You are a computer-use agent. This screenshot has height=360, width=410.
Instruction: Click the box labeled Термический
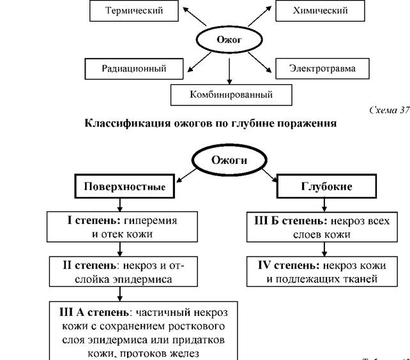[134, 10]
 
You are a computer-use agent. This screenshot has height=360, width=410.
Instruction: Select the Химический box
[320, 10]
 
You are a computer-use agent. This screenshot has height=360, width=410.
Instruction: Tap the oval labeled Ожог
[229, 40]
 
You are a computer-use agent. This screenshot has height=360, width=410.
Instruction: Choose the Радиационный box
[134, 69]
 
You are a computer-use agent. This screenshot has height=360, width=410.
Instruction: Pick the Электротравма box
[323, 68]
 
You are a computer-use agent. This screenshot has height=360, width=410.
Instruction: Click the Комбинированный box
[231, 94]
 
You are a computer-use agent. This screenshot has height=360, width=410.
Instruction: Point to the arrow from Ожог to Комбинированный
[229, 71]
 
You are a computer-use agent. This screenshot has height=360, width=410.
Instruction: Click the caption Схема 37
[390, 110]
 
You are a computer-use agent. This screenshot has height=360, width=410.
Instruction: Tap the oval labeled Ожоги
[229, 160]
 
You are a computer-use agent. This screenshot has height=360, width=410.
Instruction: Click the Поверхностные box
[125, 186]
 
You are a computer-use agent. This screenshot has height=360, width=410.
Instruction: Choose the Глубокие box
[326, 186]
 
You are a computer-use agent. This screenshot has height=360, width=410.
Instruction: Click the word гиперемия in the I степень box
[150, 221]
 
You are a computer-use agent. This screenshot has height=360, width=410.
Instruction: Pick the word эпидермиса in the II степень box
[142, 280]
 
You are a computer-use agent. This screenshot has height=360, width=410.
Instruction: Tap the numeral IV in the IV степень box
[264, 266]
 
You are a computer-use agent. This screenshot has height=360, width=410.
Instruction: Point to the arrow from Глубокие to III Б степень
[324, 205]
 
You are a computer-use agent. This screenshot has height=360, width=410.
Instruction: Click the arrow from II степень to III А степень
[120, 294]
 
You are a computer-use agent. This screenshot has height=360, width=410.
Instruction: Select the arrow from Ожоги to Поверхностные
[186, 176]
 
